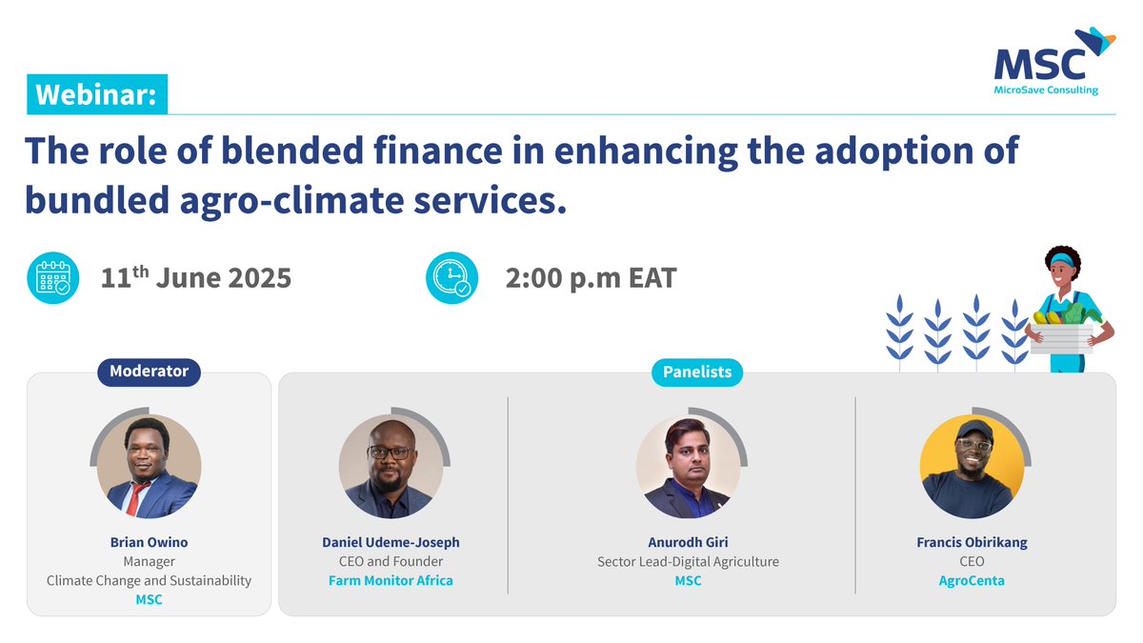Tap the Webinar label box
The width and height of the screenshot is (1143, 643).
[x=97, y=95]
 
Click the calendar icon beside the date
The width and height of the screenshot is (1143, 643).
[x=52, y=278]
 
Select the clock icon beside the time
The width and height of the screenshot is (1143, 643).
[x=451, y=278]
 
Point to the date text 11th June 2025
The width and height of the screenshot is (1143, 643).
[x=196, y=278]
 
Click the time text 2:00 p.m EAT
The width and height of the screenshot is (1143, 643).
[x=591, y=278]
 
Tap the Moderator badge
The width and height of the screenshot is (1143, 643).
[x=149, y=372]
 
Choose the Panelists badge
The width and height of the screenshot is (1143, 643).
[x=697, y=372]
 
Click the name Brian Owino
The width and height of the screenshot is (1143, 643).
[x=149, y=542]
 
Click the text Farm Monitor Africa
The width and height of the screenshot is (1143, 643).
[x=391, y=580]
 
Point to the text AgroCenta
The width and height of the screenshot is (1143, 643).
[x=972, y=580]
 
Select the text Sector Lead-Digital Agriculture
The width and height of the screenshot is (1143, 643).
[x=688, y=561]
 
